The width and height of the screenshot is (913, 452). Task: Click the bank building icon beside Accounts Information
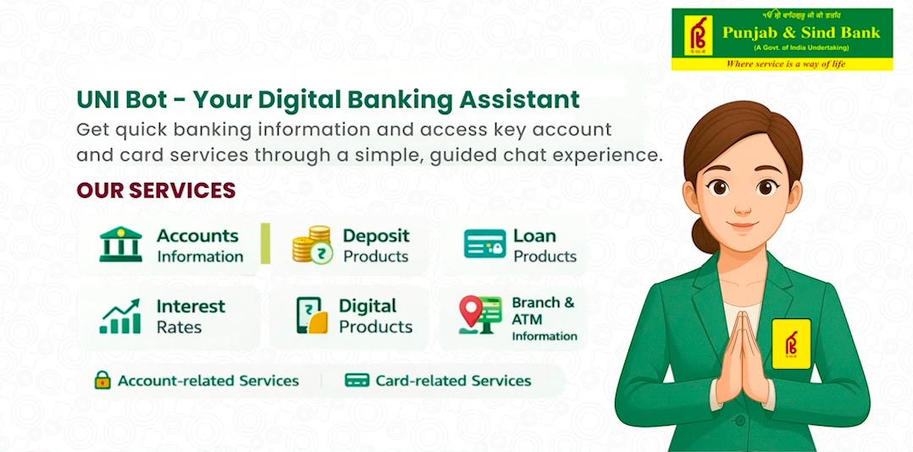(x=120, y=245)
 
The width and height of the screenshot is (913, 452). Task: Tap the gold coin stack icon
(x=312, y=245)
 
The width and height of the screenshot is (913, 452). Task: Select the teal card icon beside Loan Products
(x=485, y=244)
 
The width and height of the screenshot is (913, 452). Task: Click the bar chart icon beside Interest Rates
(x=120, y=317)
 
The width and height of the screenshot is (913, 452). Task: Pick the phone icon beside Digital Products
(x=312, y=315)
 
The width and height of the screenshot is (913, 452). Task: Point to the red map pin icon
(x=471, y=311)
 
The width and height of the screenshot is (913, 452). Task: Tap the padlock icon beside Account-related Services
(x=102, y=380)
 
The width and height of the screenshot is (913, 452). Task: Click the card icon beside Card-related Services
(x=357, y=380)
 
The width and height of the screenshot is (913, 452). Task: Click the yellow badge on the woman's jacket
(x=791, y=344)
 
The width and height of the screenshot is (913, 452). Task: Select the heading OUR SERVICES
(x=156, y=190)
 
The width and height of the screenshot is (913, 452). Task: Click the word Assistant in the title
(x=519, y=100)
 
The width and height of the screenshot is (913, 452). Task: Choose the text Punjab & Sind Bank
(x=801, y=32)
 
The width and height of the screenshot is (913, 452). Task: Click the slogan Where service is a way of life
(x=785, y=63)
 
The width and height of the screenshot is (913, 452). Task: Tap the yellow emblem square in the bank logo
(x=698, y=36)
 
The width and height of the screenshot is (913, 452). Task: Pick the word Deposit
(x=376, y=236)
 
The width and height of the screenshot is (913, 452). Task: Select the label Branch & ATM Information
(x=544, y=319)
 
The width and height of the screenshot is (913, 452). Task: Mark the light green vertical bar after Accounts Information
(x=266, y=243)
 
